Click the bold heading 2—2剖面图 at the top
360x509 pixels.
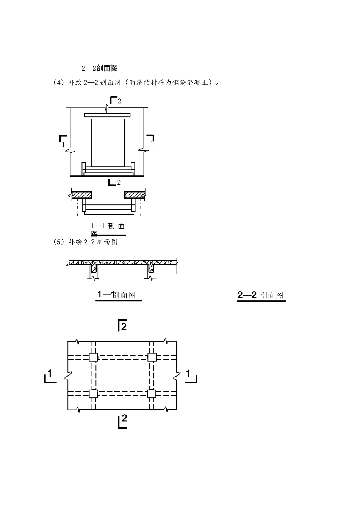click(100, 68)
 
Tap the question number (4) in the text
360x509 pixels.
click(59, 82)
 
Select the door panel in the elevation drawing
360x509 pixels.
click(108, 142)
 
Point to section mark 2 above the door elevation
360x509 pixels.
click(115, 101)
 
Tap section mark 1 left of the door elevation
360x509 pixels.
click(63, 140)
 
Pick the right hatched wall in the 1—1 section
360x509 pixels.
click(135, 195)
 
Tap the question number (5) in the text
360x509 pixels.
click(59, 242)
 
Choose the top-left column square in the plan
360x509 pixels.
click(93, 357)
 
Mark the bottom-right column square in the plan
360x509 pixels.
click(152, 394)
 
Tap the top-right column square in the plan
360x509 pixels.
click(152, 357)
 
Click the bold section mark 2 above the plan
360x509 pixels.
click(122, 325)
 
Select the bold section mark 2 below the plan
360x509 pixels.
click(122, 421)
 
